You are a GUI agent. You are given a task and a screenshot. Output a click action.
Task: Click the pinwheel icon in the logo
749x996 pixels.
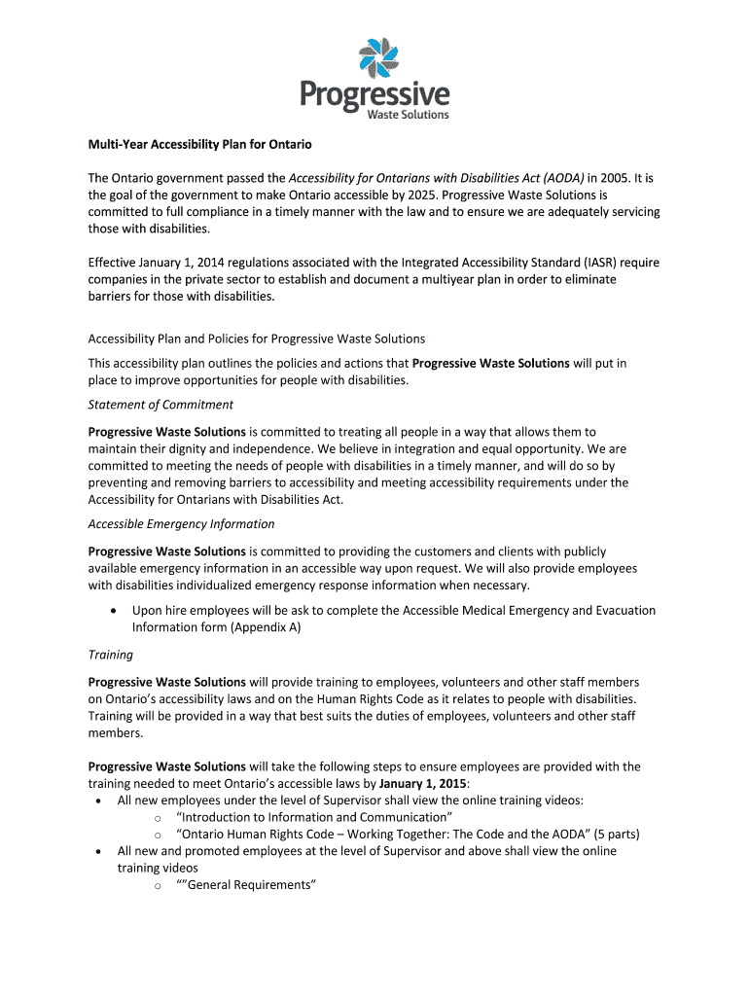click(375, 57)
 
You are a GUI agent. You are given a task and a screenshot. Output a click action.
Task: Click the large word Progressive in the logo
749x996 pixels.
click(374, 94)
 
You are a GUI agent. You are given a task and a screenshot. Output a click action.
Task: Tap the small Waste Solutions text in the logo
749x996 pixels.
click(407, 115)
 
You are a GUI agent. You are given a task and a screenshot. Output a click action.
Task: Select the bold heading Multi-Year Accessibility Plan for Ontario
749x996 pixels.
click(199, 145)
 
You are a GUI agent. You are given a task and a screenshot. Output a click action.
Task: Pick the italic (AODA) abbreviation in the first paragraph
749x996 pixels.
click(557, 178)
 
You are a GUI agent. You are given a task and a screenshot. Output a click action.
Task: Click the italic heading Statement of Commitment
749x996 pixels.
click(160, 405)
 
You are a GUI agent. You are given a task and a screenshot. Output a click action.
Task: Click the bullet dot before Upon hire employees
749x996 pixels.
click(117, 611)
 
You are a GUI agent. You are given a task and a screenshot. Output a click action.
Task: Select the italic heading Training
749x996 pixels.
click(110, 655)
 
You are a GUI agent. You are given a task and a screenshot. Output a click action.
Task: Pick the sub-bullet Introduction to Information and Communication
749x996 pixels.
click(313, 817)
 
